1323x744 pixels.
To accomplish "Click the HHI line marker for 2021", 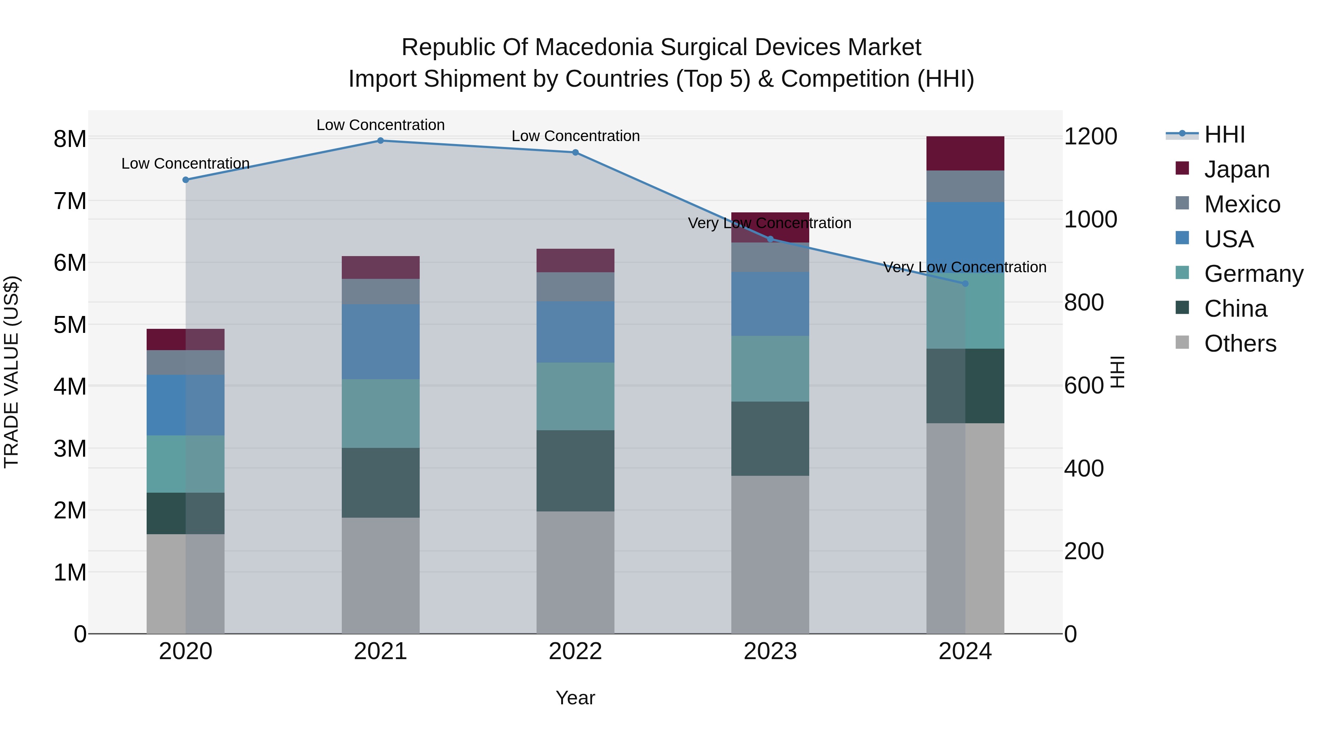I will [381, 141].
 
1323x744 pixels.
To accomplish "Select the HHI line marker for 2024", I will [965, 283].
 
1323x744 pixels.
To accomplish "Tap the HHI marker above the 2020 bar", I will [186, 180].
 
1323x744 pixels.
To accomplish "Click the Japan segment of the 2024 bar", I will [965, 154].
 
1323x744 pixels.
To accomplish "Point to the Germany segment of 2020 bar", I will [186, 464].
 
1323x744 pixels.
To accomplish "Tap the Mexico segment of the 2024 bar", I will [965, 186].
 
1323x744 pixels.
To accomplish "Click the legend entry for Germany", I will [1253, 274].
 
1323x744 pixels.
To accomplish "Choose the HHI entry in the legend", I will [1225, 135].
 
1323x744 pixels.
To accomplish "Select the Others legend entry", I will [1240, 344].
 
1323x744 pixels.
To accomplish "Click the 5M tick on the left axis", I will [70, 324].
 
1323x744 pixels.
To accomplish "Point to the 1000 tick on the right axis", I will [1090, 219].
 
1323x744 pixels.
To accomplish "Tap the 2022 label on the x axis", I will [575, 651].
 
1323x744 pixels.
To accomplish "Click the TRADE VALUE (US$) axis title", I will [11, 372].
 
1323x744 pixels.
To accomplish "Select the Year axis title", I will [575, 698].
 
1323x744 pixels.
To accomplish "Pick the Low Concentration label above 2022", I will [575, 136].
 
